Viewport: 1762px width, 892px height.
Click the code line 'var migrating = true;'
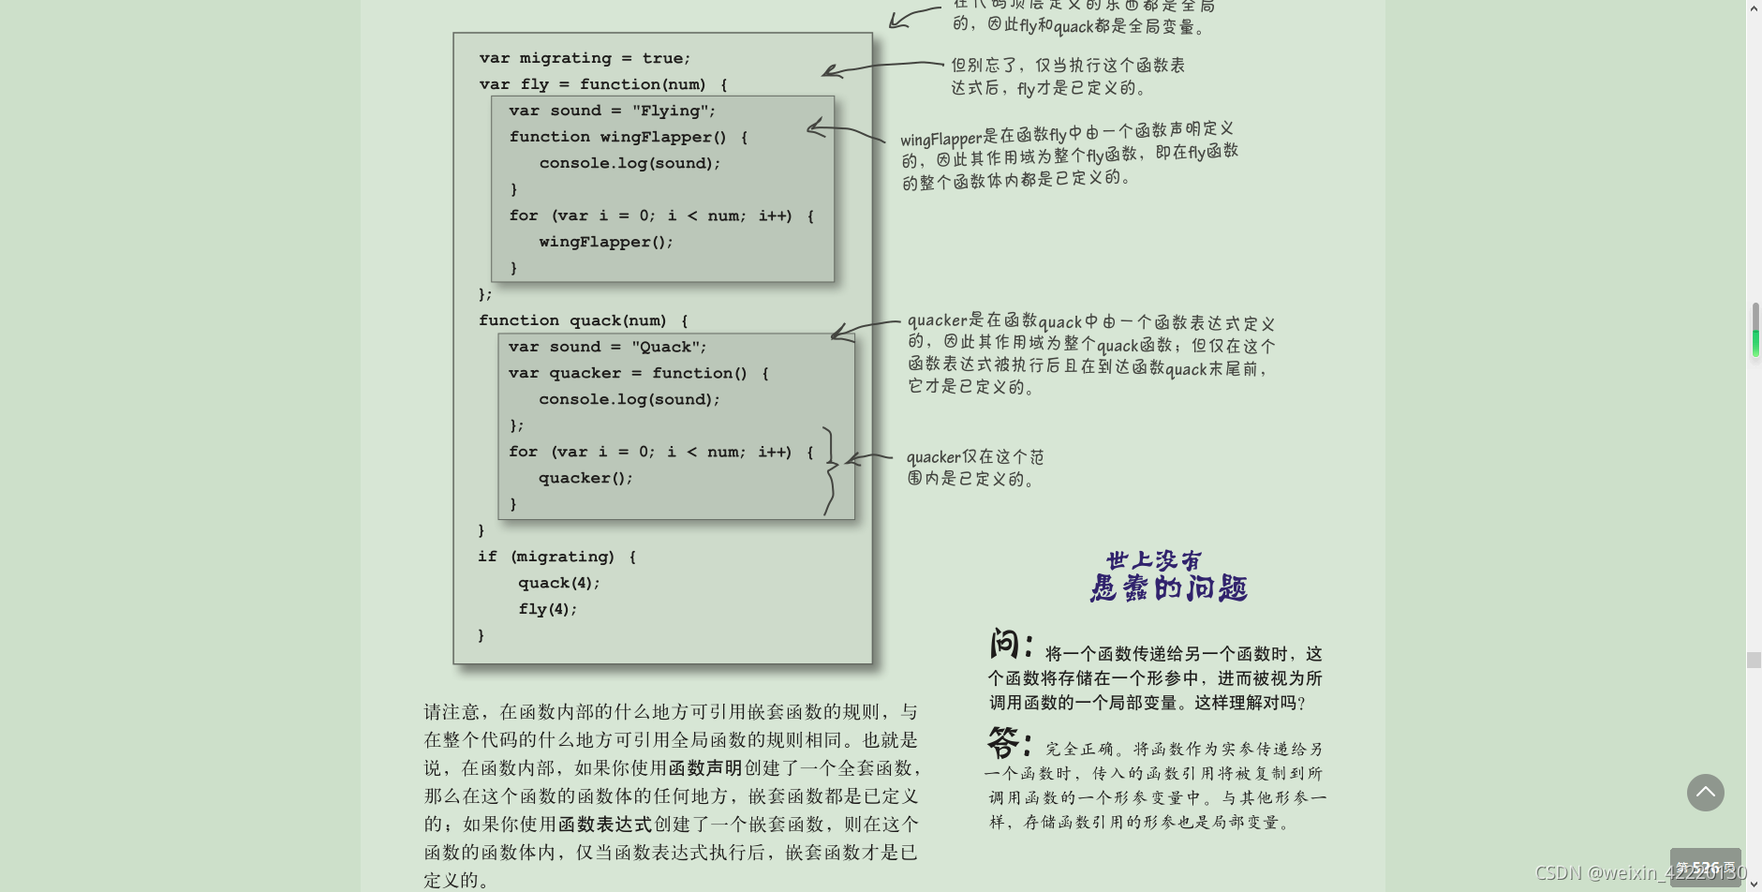point(585,58)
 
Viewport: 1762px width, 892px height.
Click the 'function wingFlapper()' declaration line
point(628,137)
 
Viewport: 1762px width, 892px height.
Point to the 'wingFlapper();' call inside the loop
point(606,242)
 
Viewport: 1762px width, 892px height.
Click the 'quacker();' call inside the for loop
point(585,478)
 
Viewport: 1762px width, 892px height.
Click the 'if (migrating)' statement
point(556,557)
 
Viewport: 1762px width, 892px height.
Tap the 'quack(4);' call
point(558,583)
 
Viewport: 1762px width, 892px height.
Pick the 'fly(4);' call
point(547,609)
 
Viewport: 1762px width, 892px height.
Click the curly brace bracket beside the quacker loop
point(830,470)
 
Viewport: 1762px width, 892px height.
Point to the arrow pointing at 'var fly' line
point(881,67)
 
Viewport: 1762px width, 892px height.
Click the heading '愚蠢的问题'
point(1168,588)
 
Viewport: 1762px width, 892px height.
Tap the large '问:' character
point(1010,645)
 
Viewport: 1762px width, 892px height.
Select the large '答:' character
point(1008,743)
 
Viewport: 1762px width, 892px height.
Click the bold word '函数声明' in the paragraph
point(705,768)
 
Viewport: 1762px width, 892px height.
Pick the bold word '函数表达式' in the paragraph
point(605,825)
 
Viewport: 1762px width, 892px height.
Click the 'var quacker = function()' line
point(638,373)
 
